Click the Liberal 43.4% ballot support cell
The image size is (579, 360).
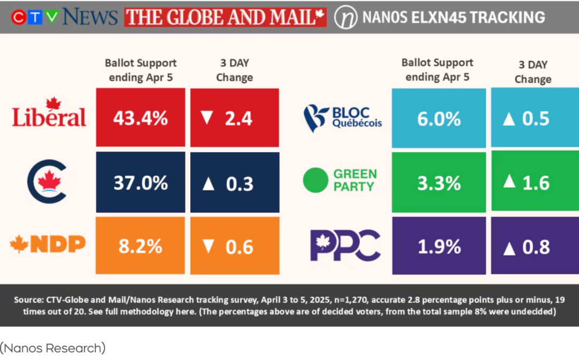140,118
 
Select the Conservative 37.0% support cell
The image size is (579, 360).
140,183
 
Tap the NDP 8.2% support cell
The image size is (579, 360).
140,246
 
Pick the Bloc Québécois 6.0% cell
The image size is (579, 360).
439,118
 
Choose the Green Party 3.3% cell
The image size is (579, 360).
439,183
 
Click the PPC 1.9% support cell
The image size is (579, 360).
439,246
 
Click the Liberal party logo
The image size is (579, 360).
49,112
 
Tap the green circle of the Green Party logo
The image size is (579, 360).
315,181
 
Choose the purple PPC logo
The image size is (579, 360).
345,245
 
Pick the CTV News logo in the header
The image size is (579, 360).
64,17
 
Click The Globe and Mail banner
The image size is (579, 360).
225,17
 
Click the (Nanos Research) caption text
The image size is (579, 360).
53,348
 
